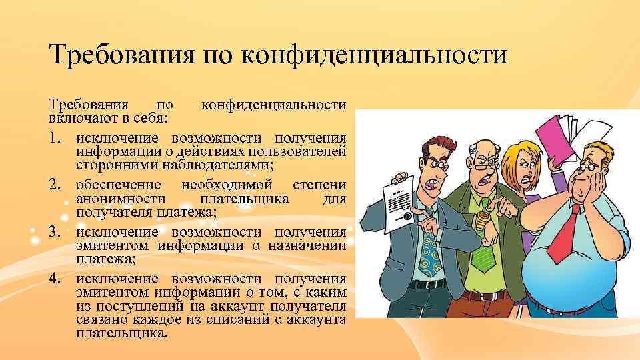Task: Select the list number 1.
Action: (x=55, y=138)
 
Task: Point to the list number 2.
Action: (x=55, y=185)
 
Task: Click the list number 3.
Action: (x=55, y=232)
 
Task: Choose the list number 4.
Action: (x=55, y=279)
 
